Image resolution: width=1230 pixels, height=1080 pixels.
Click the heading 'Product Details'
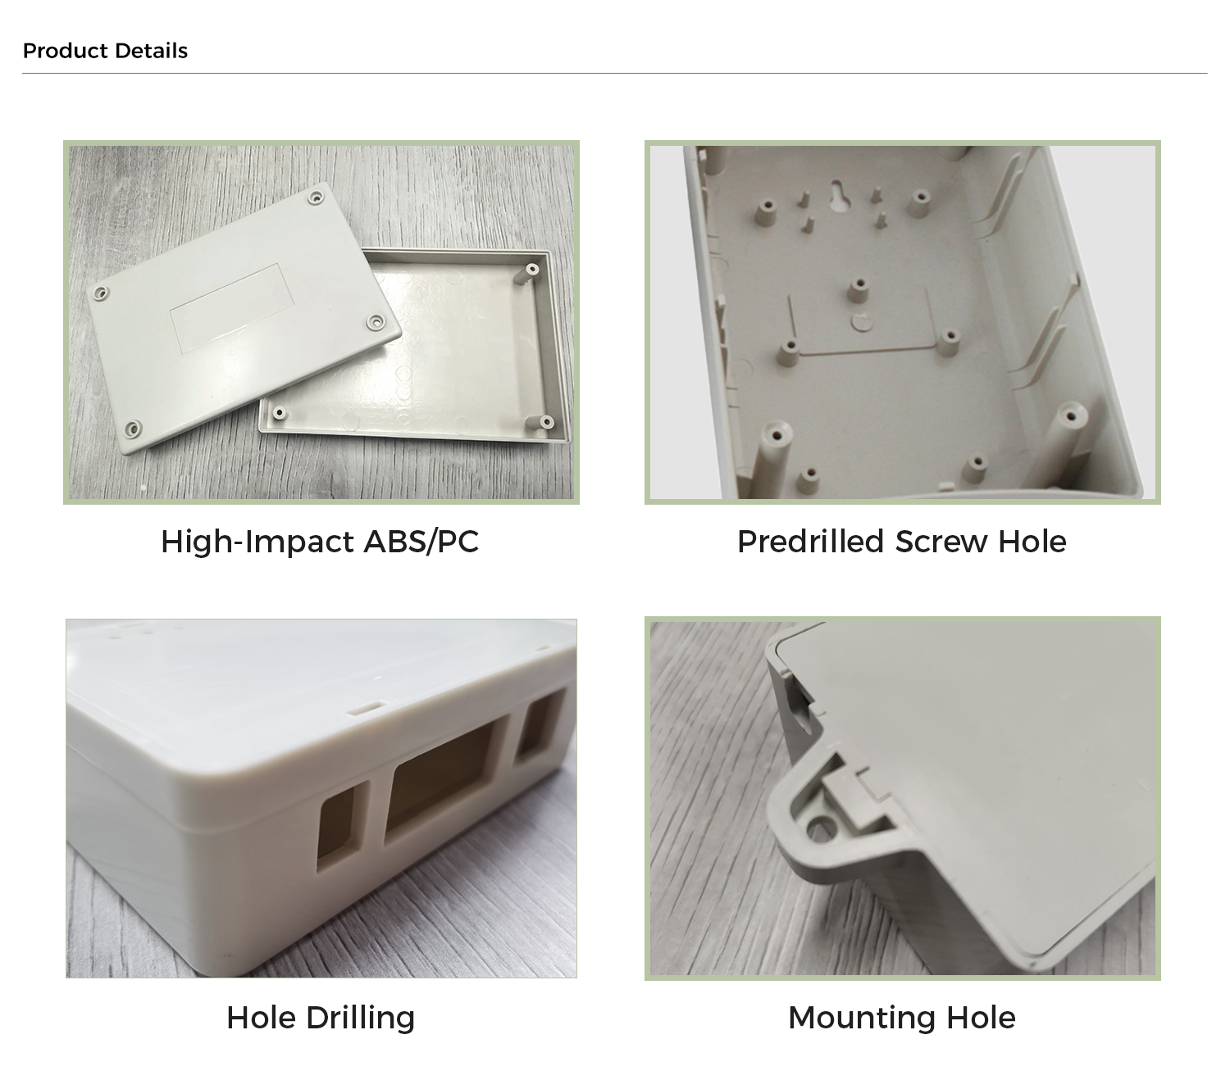pyautogui.click(x=105, y=50)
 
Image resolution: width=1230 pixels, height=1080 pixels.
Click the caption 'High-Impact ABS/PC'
pyautogui.click(x=320, y=542)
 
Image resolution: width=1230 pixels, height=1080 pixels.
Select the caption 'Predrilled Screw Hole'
pyautogui.click(x=901, y=542)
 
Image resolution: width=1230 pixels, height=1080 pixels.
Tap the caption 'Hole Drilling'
pyautogui.click(x=321, y=1018)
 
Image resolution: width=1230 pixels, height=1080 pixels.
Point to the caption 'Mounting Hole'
pyautogui.click(x=901, y=1018)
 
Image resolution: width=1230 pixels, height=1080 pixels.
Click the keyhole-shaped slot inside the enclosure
pyautogui.click(x=840, y=195)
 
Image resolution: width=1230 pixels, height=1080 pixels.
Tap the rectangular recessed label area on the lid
pyautogui.click(x=232, y=307)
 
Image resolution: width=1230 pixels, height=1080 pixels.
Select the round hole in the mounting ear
pyautogui.click(x=820, y=828)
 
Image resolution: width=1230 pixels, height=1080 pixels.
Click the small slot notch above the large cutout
pyautogui.click(x=367, y=707)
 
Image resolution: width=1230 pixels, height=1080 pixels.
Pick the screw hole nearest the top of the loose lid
pyautogui.click(x=316, y=197)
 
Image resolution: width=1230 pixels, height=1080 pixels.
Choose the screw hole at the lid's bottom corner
pyautogui.click(x=133, y=429)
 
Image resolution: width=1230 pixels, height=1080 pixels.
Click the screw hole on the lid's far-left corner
pyautogui.click(x=100, y=293)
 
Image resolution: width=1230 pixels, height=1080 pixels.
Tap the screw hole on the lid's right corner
pyautogui.click(x=376, y=322)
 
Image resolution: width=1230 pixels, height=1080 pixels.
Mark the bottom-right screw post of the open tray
pyautogui.click(x=544, y=422)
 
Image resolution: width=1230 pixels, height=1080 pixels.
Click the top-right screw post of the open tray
pyautogui.click(x=531, y=269)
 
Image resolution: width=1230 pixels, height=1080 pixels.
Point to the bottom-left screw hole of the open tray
pyautogui.click(x=280, y=413)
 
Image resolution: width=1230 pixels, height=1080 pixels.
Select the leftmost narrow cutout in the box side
pyautogui.click(x=343, y=825)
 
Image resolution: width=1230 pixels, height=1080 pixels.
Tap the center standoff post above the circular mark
pyautogui.click(x=857, y=290)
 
